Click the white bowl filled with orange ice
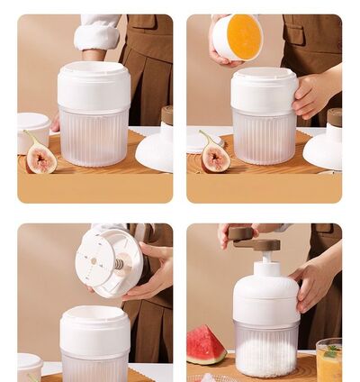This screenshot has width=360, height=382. click(x=238, y=37)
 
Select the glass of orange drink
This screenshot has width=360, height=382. click(x=328, y=362)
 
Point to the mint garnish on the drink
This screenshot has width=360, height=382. click(x=330, y=350)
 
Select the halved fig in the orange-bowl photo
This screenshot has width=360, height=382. click(x=214, y=155)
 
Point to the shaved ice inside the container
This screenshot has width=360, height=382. click(x=265, y=355)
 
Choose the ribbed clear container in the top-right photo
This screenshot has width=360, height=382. click(x=264, y=136)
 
